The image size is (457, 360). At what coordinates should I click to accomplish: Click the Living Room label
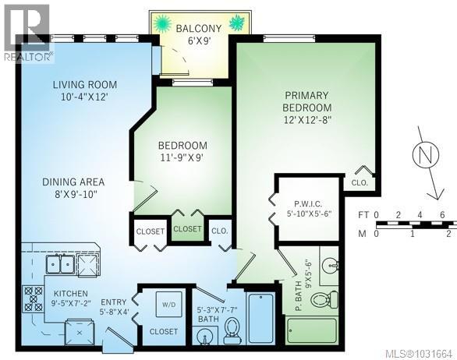click(x=85, y=84)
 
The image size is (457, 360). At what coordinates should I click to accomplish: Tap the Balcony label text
click(x=198, y=29)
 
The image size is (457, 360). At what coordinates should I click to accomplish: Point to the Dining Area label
click(x=73, y=182)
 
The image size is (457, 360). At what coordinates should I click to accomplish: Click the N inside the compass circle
click(x=425, y=154)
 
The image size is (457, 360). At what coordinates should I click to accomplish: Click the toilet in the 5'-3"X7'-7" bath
click(x=232, y=334)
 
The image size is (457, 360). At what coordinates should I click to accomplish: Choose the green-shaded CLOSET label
click(x=187, y=229)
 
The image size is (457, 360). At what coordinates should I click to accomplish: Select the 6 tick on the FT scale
click(x=441, y=214)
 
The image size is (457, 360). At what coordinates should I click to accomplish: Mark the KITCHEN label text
click(x=69, y=295)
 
